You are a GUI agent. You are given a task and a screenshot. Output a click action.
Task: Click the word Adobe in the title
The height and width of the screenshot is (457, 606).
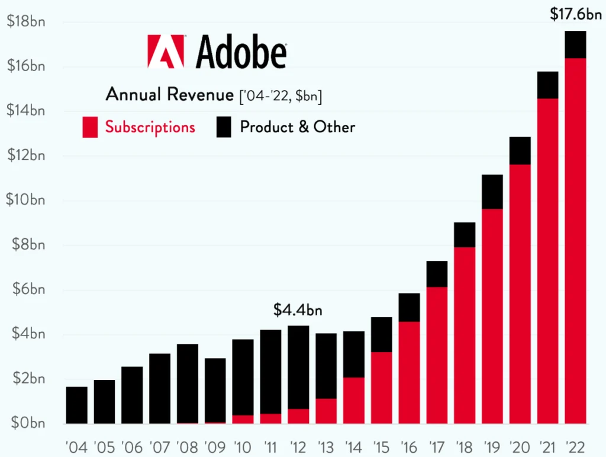[240, 52]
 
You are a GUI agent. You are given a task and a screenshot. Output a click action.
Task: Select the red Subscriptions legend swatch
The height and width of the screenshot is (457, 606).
[91, 127]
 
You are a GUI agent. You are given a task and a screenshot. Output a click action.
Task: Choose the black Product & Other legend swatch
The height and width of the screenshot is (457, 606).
[224, 127]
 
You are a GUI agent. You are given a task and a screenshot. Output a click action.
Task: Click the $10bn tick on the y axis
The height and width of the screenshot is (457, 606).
[25, 200]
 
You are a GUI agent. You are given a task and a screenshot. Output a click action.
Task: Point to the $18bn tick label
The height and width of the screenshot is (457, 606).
[25, 21]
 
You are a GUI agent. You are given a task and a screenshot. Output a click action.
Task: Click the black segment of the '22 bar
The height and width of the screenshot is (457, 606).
[575, 44]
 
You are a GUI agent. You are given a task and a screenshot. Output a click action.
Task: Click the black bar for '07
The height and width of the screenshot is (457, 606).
[160, 388]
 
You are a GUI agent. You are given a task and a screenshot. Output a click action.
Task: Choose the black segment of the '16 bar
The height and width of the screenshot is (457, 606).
[409, 307]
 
